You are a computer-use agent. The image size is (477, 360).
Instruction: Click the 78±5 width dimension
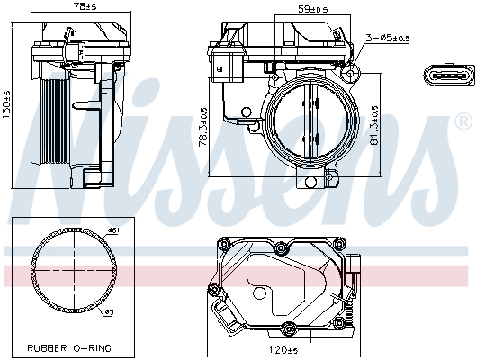[x=86, y=8]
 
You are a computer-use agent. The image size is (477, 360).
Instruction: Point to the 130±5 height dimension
[x=7, y=105]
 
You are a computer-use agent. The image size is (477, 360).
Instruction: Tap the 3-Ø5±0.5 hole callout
[x=388, y=37]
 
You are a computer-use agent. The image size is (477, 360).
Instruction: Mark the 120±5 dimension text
[x=284, y=349]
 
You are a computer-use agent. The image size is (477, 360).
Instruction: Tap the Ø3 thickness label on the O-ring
[x=108, y=312]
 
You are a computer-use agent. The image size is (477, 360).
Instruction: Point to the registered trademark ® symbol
[x=463, y=120]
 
